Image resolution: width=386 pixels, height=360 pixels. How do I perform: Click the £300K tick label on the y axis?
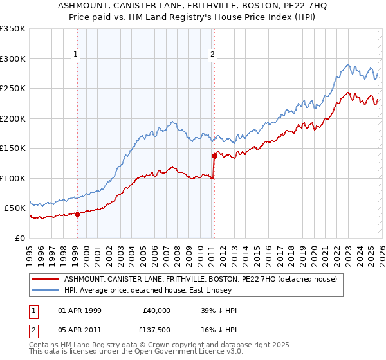pos(13,59)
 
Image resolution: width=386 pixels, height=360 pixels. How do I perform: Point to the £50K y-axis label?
pos(15,208)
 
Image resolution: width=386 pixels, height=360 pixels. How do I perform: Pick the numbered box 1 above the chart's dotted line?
pos(77,55)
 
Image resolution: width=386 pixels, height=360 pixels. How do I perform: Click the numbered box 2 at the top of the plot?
pos(212,55)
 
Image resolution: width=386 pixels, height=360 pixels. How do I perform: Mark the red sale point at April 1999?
pos(77,214)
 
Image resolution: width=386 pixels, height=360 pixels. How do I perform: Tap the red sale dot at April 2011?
pos(214,156)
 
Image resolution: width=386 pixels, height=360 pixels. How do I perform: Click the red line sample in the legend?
pos(45,279)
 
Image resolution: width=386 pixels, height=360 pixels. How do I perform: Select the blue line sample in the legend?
pos(45,290)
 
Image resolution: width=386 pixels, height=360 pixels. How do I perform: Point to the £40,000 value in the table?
pos(157,310)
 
